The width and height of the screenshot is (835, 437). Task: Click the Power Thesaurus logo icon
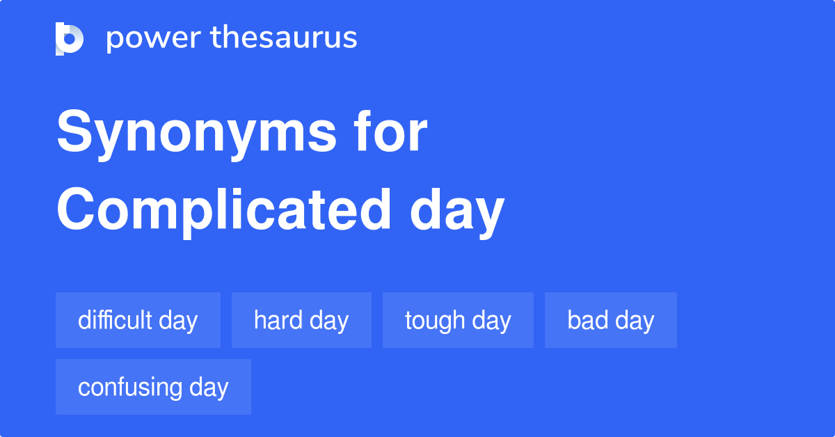(x=70, y=38)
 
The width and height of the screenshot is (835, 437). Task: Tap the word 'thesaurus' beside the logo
(x=284, y=38)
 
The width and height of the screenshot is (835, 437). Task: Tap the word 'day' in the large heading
(x=456, y=212)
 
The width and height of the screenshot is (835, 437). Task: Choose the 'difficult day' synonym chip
(x=138, y=320)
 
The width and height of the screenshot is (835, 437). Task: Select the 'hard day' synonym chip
(x=301, y=320)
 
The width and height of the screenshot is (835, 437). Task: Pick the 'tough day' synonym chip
(x=458, y=320)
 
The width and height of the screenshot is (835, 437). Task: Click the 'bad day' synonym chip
(x=610, y=320)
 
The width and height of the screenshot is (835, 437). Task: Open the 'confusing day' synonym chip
(x=153, y=387)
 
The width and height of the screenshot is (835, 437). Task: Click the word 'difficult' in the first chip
(x=115, y=320)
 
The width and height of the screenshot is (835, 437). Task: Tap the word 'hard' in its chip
(x=278, y=320)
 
